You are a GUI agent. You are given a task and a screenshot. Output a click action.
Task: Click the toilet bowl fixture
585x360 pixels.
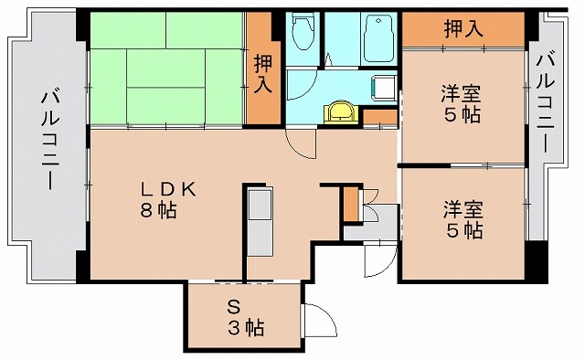coord(302,34)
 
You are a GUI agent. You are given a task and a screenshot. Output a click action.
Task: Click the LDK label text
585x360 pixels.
coord(167,189)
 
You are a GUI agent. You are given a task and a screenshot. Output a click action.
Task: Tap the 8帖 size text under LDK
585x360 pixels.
coord(162,210)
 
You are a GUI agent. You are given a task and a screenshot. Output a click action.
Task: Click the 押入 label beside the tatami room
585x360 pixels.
coord(263,74)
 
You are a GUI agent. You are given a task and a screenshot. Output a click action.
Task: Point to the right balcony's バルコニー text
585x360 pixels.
coord(547,102)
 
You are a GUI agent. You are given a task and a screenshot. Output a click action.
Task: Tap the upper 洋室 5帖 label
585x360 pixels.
coord(462,104)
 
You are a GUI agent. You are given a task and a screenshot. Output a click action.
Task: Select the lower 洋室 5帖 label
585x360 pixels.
coord(462,218)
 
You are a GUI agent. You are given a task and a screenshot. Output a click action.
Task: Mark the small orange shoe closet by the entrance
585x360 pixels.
coord(352,204)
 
